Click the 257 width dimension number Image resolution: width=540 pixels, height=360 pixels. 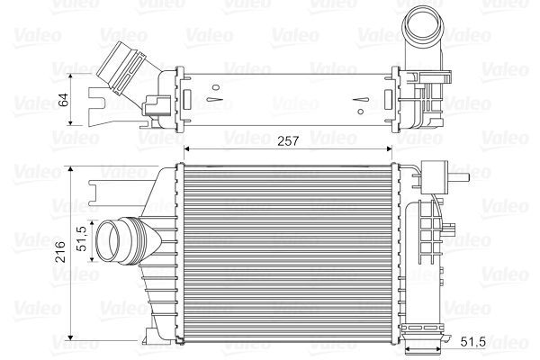click(286, 141)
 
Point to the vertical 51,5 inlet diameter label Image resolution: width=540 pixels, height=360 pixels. click(81, 240)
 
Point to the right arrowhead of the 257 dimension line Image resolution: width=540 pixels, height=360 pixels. click(392, 149)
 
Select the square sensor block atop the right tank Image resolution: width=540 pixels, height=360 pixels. click(439, 173)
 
